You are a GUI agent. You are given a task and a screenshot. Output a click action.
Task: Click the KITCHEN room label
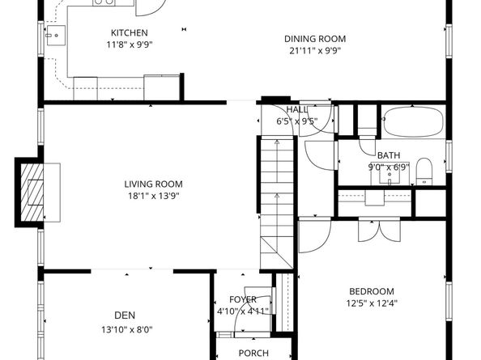[130, 33]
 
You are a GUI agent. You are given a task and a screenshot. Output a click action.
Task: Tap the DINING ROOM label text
[315, 38]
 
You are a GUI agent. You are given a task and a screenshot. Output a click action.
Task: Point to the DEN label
[124, 316]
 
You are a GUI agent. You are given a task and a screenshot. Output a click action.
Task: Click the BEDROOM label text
[372, 292]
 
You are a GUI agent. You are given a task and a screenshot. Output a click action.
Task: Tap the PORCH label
[253, 353]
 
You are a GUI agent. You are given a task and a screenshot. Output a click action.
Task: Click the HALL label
[297, 110]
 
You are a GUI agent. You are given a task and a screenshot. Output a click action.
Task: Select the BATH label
[389, 155]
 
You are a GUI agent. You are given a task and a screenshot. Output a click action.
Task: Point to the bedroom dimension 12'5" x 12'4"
[372, 304]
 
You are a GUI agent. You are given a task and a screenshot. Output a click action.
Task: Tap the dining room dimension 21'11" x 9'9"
[315, 49]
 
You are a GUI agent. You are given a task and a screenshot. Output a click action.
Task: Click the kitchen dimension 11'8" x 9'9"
[130, 45]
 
